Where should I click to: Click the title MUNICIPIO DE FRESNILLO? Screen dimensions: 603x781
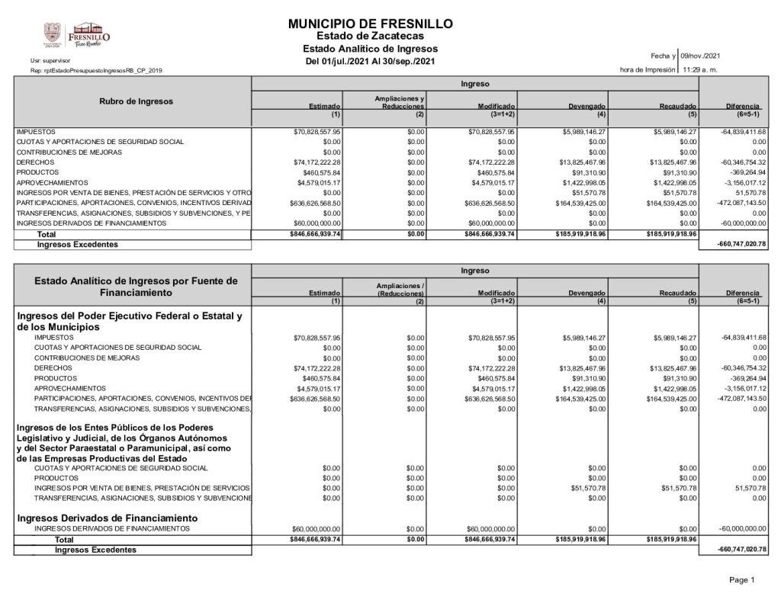click(x=371, y=24)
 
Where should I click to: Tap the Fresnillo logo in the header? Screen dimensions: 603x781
click(x=79, y=35)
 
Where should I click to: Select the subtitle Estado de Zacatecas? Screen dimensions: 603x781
click(x=371, y=37)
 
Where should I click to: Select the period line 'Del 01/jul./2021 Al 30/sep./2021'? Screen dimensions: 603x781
click(x=371, y=62)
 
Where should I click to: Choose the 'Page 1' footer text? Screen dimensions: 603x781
click(x=741, y=581)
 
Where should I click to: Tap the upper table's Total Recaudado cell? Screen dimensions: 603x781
click(x=671, y=235)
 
